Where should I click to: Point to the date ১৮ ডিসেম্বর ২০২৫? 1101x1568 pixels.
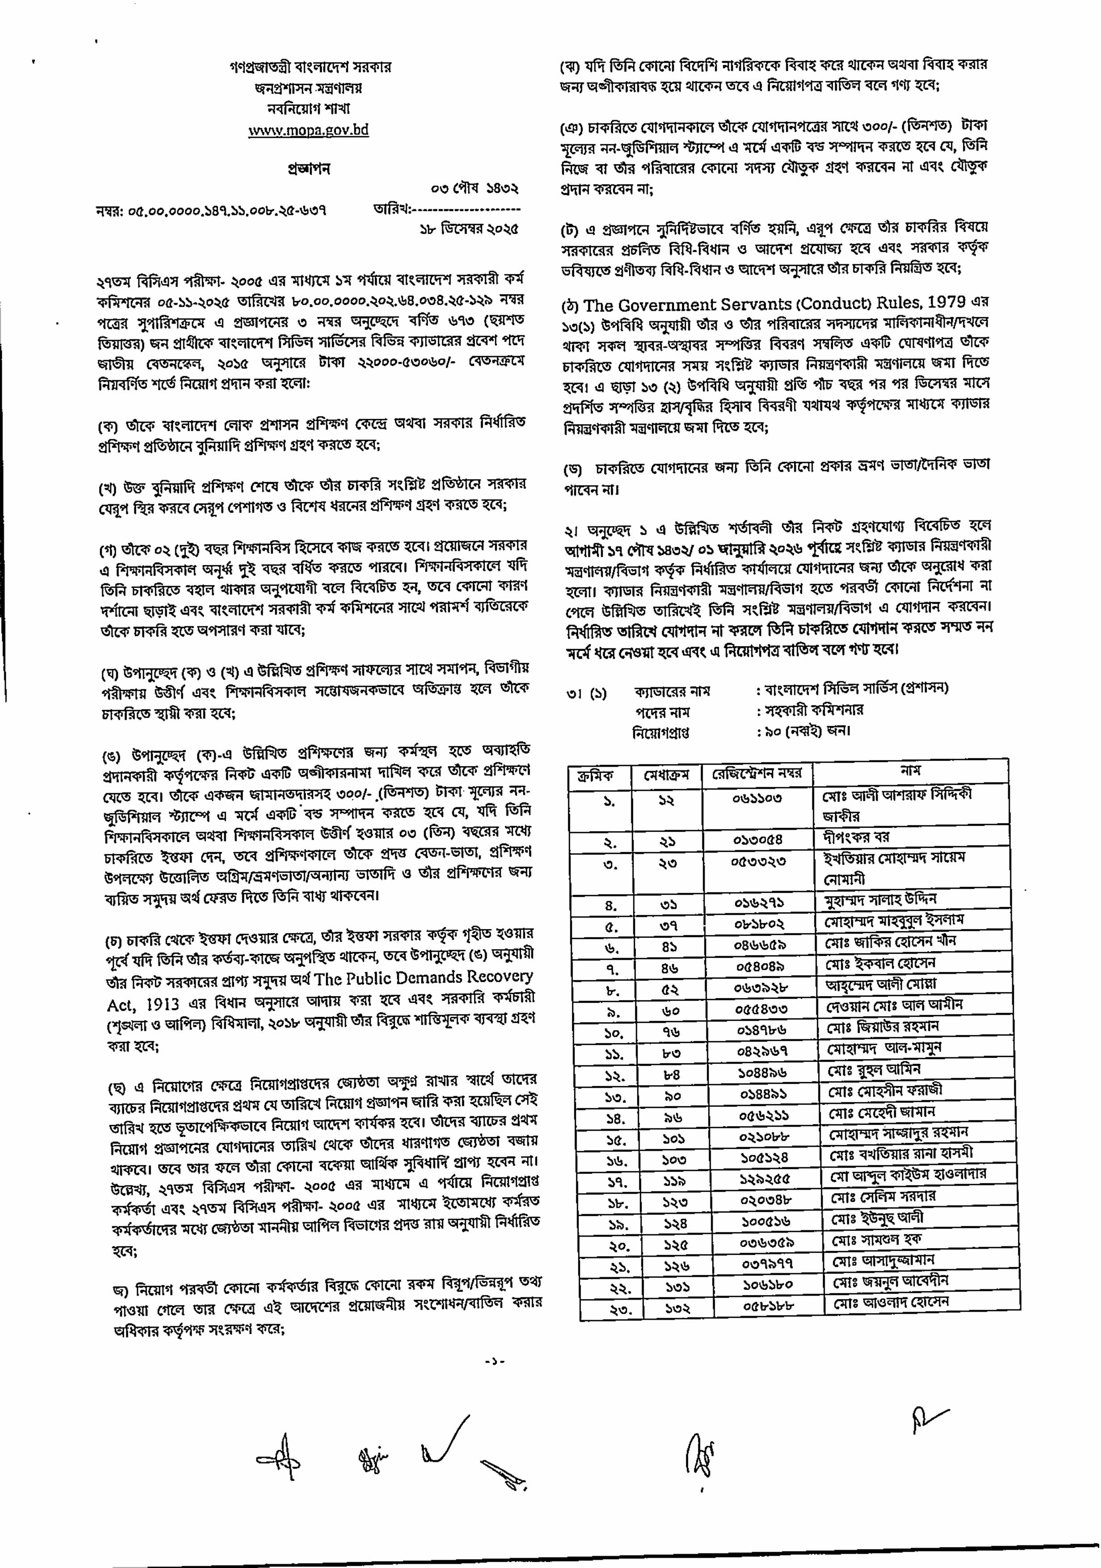pos(468,229)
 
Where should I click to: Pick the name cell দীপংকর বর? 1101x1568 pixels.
pos(856,837)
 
